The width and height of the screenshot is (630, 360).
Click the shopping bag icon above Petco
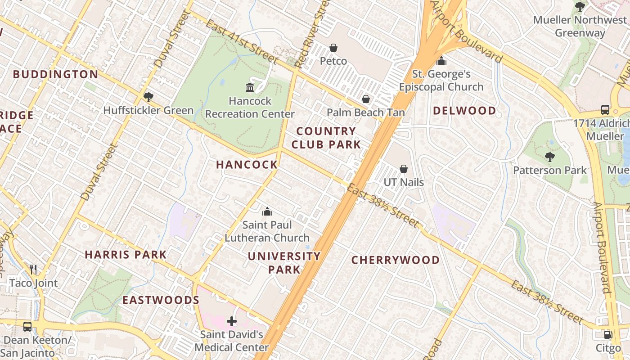pyautogui.click(x=333, y=48)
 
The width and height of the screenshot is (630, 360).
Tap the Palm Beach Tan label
pyautogui.click(x=365, y=112)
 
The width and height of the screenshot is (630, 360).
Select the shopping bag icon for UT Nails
pyautogui.click(x=404, y=169)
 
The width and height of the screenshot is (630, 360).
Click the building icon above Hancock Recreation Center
pyautogui.click(x=250, y=87)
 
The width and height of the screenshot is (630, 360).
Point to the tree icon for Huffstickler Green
pyautogui.click(x=148, y=97)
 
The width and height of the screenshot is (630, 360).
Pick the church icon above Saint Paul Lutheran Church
pyautogui.click(x=267, y=211)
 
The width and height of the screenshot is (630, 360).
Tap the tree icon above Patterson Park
pyautogui.click(x=549, y=157)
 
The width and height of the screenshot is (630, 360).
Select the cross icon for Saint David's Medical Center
pyautogui.click(x=232, y=321)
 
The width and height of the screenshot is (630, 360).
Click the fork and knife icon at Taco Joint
pyautogui.click(x=33, y=270)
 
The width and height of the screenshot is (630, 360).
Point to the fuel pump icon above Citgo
pyautogui.click(x=608, y=335)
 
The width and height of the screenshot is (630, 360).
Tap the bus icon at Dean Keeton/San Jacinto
pyautogui.click(x=27, y=327)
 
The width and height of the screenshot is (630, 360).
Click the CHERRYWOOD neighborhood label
pyautogui.click(x=395, y=260)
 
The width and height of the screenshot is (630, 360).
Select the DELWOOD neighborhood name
pyautogui.click(x=464, y=111)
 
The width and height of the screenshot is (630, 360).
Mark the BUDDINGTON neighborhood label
pyautogui.click(x=55, y=75)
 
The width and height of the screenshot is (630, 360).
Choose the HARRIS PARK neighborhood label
pyautogui.click(x=126, y=255)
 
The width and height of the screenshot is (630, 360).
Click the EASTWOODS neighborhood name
pyautogui.click(x=161, y=300)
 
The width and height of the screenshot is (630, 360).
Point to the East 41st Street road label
pyautogui.click(x=242, y=42)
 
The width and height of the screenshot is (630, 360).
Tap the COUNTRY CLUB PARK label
pyautogui.click(x=326, y=138)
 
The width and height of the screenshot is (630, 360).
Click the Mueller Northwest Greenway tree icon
pyautogui.click(x=580, y=7)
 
